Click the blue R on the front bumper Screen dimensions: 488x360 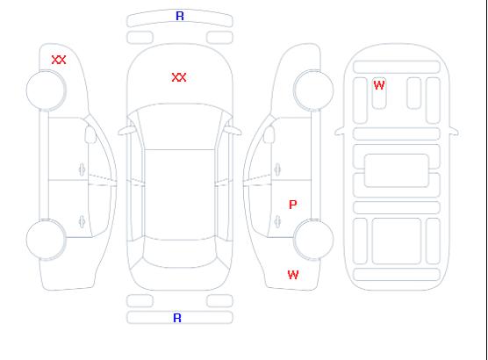(x=180, y=16)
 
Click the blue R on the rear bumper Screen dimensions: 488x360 (x=177, y=318)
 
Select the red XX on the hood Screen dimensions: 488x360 (x=179, y=77)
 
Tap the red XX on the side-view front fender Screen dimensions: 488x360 (x=59, y=60)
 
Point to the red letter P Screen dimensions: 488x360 (x=293, y=205)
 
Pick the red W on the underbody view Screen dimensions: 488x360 (x=379, y=85)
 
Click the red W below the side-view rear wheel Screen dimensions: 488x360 (x=293, y=275)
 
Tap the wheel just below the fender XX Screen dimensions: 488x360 (x=46, y=90)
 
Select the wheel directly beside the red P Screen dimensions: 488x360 (x=313, y=239)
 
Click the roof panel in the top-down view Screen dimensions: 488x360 (x=180, y=195)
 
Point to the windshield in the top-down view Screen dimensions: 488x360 (x=180, y=126)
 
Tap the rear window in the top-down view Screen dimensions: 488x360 (x=180, y=254)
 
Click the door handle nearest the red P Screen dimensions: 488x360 (x=277, y=221)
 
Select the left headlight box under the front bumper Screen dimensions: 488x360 (x=140, y=38)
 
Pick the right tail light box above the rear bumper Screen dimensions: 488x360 (x=219, y=301)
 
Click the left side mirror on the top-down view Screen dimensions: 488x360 (x=126, y=131)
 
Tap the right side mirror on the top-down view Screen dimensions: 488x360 (x=233, y=131)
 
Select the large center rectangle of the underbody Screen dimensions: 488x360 (x=397, y=170)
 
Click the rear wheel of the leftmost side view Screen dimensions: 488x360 (x=46, y=239)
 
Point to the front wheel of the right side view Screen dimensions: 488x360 (x=313, y=90)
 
